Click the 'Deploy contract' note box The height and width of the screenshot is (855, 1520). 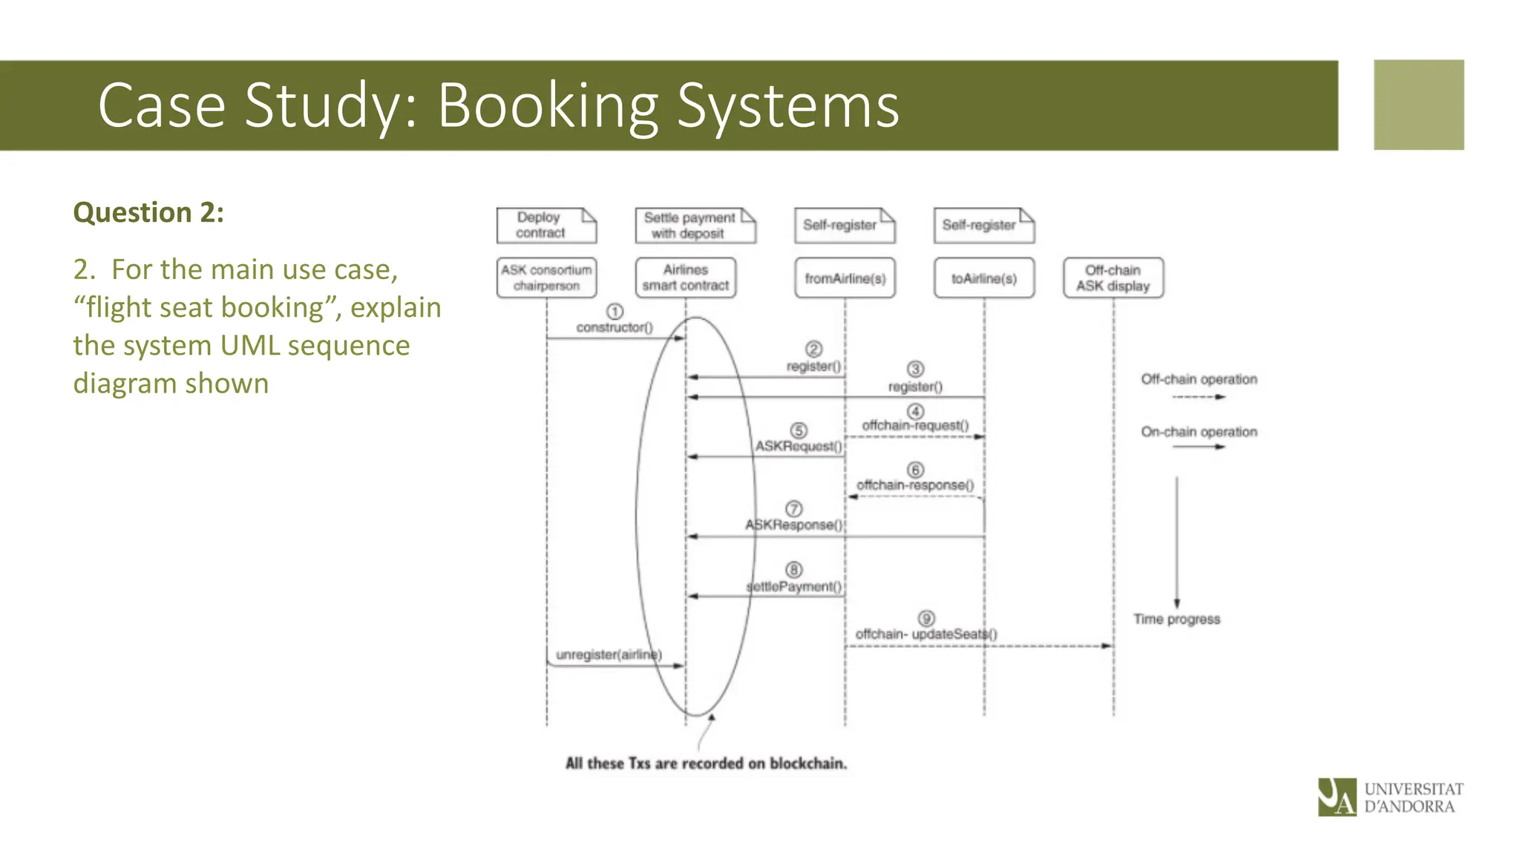pos(546,225)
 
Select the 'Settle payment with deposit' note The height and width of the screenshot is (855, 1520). pos(695,225)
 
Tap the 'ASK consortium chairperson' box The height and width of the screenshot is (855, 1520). pos(546,278)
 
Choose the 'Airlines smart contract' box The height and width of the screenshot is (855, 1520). pos(686,278)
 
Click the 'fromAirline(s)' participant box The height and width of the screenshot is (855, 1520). pos(845,278)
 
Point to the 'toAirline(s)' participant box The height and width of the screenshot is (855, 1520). pos(984,278)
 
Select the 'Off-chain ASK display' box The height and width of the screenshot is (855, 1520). pos(1113,278)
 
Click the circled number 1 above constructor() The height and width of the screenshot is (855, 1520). pos(615,312)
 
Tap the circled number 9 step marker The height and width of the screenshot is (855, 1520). pos(926,618)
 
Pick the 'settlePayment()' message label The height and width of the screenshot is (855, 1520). pos(794,587)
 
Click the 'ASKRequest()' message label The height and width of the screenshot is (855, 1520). pos(799,446)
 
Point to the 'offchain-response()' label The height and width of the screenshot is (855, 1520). pos(915,485)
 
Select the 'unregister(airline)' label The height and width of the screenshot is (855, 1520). pos(609,655)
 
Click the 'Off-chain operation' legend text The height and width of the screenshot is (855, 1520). pos(1199,379)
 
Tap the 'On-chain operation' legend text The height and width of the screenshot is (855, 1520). pos(1199,432)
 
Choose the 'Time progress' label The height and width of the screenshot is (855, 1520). pos(1176,619)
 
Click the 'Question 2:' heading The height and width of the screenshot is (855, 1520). pos(148,213)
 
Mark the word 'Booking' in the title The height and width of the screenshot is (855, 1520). pos(548,105)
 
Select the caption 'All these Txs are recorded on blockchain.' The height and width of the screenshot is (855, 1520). pos(706,764)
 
